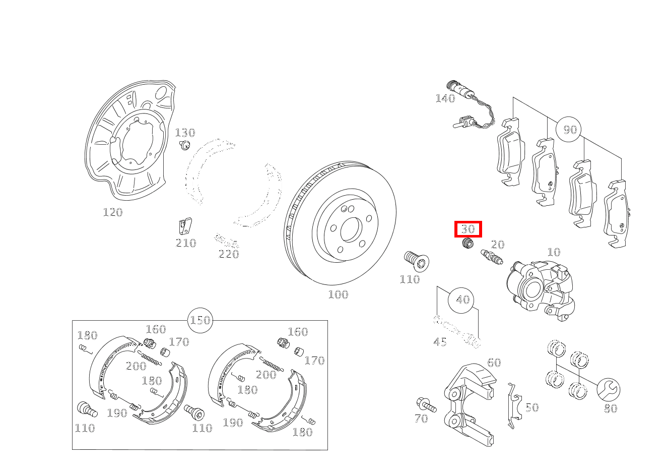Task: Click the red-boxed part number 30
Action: point(468,229)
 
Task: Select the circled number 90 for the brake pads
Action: point(569,130)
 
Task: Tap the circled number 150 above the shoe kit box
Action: point(200,320)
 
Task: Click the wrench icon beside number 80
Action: point(609,390)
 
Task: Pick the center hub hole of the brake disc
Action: point(350,230)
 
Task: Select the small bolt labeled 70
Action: point(425,404)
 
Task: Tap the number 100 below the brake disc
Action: point(338,294)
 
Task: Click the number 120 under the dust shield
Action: point(113,212)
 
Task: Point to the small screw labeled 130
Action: point(185,146)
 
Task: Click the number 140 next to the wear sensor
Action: point(445,98)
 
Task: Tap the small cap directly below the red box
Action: point(468,244)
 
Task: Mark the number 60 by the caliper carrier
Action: point(494,363)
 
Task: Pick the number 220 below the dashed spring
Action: point(229,254)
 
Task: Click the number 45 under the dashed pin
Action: point(440,342)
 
